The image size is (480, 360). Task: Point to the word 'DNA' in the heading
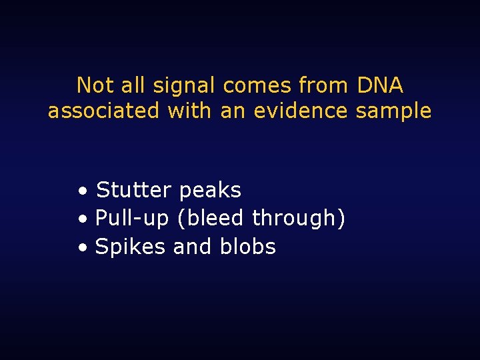[x=380, y=85]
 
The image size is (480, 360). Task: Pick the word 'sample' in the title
[x=393, y=111]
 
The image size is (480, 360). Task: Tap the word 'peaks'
[x=210, y=191]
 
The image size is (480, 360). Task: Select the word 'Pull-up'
[x=133, y=219]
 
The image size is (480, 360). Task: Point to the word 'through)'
[x=299, y=219]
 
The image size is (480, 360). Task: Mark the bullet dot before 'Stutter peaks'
[x=81, y=192]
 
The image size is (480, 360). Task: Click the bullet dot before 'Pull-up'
[x=81, y=220]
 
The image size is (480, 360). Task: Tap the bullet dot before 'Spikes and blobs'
[x=81, y=249]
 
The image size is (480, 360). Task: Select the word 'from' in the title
[x=323, y=85]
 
